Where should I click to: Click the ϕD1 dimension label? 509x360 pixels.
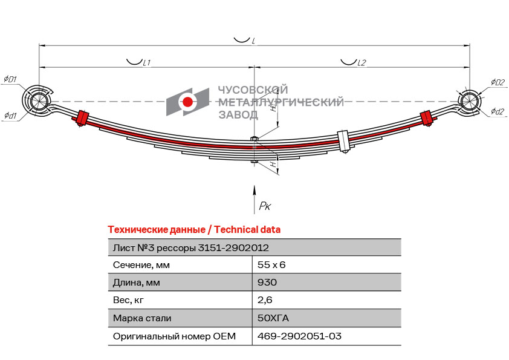(x=10, y=79)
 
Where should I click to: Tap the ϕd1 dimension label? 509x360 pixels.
(x=10, y=116)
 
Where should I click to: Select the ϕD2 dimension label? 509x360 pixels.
(x=498, y=82)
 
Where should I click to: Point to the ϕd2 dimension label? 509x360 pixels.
(x=498, y=111)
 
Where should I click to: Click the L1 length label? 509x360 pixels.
(x=147, y=63)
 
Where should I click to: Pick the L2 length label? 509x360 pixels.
(x=361, y=63)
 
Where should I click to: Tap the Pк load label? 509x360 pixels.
(x=265, y=206)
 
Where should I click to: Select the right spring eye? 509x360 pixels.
(x=468, y=100)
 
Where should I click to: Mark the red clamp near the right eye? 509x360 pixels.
(x=426, y=118)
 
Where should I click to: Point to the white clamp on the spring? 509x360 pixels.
(x=343, y=141)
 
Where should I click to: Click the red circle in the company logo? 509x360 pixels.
(x=187, y=102)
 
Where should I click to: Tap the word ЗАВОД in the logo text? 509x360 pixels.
(x=238, y=115)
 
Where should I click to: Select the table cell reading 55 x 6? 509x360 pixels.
(x=271, y=265)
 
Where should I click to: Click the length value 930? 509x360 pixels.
(x=267, y=283)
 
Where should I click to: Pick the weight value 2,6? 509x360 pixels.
(x=265, y=300)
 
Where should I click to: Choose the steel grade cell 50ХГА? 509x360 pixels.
(x=273, y=318)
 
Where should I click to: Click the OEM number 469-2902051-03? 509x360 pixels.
(x=299, y=336)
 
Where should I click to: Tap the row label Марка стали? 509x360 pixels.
(x=142, y=318)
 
